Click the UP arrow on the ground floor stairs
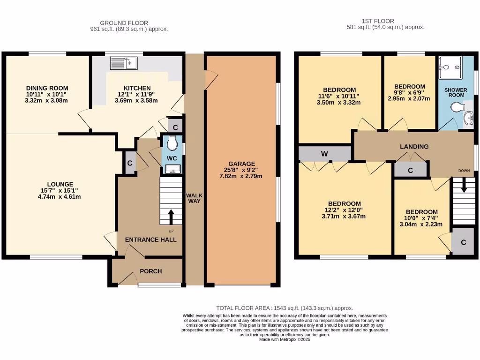(171, 217)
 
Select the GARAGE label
(242, 164)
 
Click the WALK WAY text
(194, 199)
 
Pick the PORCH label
(151, 271)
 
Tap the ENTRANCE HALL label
(150, 240)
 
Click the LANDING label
(414, 147)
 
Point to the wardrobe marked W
(324, 153)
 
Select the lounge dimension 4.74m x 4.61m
(60, 196)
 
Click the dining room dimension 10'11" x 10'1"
(47, 94)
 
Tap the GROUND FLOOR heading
(124, 22)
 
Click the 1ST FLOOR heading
(377, 21)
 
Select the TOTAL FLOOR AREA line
(284, 308)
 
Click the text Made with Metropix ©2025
(285, 339)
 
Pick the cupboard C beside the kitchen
(175, 127)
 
